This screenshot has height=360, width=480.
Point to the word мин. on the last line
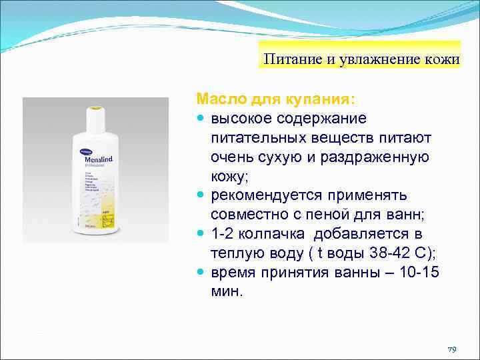227,293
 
